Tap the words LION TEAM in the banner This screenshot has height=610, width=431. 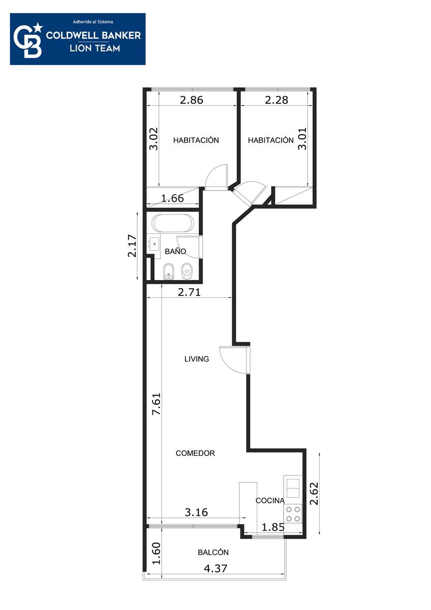pyautogui.click(x=95, y=48)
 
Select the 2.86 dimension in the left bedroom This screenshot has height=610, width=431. pyautogui.click(x=192, y=100)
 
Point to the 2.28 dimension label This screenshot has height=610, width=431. pyautogui.click(x=276, y=100)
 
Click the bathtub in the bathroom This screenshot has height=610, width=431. pyautogui.click(x=173, y=223)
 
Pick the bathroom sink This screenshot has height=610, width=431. pyautogui.click(x=154, y=245)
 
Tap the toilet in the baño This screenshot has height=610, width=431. pyautogui.click(x=187, y=271)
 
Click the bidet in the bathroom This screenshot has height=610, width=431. pyautogui.click(x=169, y=271)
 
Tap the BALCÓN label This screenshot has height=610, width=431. pyautogui.click(x=213, y=552)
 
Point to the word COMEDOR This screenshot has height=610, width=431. pyautogui.click(x=195, y=453)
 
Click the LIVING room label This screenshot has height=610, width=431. pyautogui.click(x=197, y=359)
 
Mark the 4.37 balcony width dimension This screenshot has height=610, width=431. pyautogui.click(x=216, y=568)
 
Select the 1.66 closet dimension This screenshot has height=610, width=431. pyautogui.click(x=172, y=198)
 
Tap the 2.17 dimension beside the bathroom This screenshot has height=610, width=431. pyautogui.click(x=132, y=246)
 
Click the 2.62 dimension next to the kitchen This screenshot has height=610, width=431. pyautogui.click(x=314, y=494)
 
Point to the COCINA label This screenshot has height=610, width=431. pyautogui.click(x=270, y=501)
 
